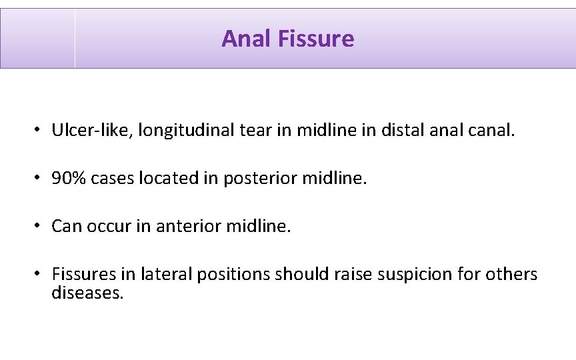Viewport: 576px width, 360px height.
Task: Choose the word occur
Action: [x=112, y=226]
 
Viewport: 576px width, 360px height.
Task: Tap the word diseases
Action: [x=87, y=293]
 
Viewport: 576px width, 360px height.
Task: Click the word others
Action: [x=512, y=274]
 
